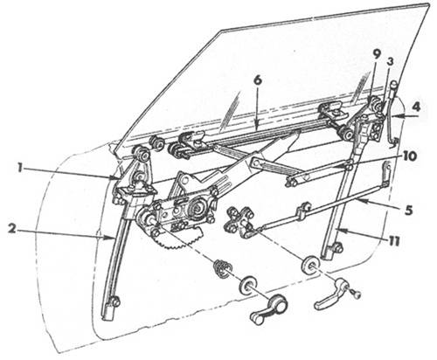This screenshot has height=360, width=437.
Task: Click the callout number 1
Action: pyautogui.click(x=20, y=169)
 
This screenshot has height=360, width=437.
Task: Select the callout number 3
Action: pyautogui.click(x=390, y=62)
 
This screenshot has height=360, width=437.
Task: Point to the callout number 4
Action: pyautogui.click(x=416, y=107)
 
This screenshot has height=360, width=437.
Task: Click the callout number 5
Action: pyautogui.click(x=409, y=210)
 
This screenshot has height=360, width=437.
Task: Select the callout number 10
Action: pyautogui.click(x=409, y=156)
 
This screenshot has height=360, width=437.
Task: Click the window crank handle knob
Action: pyautogui.click(x=257, y=319)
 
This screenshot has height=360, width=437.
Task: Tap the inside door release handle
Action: pyautogui.click(x=329, y=294)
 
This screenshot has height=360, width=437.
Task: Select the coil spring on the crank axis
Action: pyautogui.click(x=222, y=268)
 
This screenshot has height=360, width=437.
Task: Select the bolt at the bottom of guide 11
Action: pyautogui.click(x=338, y=247)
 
